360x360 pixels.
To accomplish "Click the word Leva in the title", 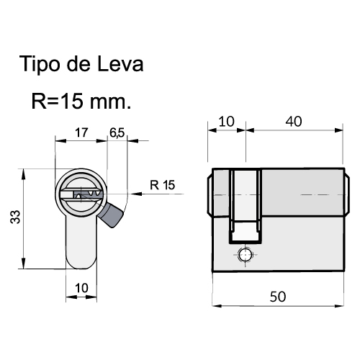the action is (x=120, y=64).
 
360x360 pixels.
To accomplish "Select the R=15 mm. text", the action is (x=81, y=102).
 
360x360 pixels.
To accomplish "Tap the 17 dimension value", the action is (x=81, y=132).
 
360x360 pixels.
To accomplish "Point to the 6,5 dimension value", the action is (x=117, y=132).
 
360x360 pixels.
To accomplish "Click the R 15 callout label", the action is (x=163, y=185).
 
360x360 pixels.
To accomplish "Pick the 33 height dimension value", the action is (x=15, y=217).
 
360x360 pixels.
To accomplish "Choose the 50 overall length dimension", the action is (x=278, y=297).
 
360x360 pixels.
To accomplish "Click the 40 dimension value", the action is (x=294, y=122).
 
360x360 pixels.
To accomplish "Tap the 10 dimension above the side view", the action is (x=226, y=122).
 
